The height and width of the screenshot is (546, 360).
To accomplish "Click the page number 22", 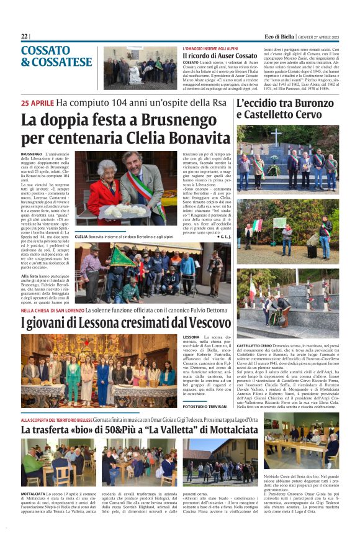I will [25, 36].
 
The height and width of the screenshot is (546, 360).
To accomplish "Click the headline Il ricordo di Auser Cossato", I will [220, 56].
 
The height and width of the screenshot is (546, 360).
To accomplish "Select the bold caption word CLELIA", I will [81, 237].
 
